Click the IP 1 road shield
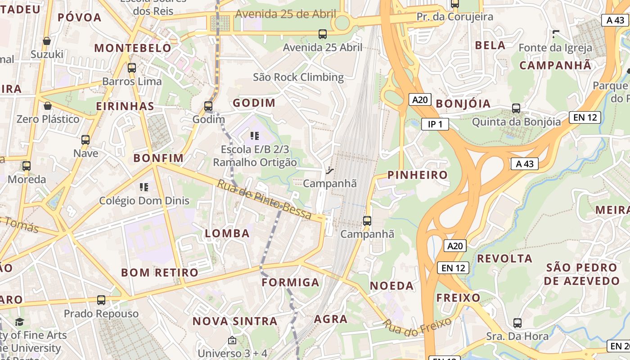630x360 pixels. click(x=435, y=124)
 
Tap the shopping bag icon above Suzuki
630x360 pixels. click(x=47, y=41)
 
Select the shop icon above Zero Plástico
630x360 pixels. click(x=48, y=106)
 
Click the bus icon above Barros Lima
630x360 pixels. click(x=131, y=68)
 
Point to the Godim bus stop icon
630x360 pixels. click(x=208, y=106)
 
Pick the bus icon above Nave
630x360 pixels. click(x=85, y=140)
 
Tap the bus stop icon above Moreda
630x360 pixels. click(x=27, y=166)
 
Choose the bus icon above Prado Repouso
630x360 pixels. click(x=101, y=300)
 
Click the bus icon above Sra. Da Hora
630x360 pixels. click(x=517, y=323)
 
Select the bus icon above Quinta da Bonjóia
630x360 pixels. click(x=516, y=108)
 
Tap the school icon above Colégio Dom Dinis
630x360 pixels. click(x=144, y=187)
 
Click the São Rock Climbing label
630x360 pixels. click(x=298, y=77)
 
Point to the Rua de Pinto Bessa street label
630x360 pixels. click(x=264, y=200)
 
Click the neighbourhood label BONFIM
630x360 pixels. click(x=158, y=158)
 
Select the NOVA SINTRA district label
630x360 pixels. click(x=235, y=321)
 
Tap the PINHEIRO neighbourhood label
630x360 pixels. click(x=417, y=175)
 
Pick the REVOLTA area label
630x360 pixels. click(x=504, y=258)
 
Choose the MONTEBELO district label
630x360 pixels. click(x=133, y=48)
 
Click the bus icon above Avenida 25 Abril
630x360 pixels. click(x=322, y=34)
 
